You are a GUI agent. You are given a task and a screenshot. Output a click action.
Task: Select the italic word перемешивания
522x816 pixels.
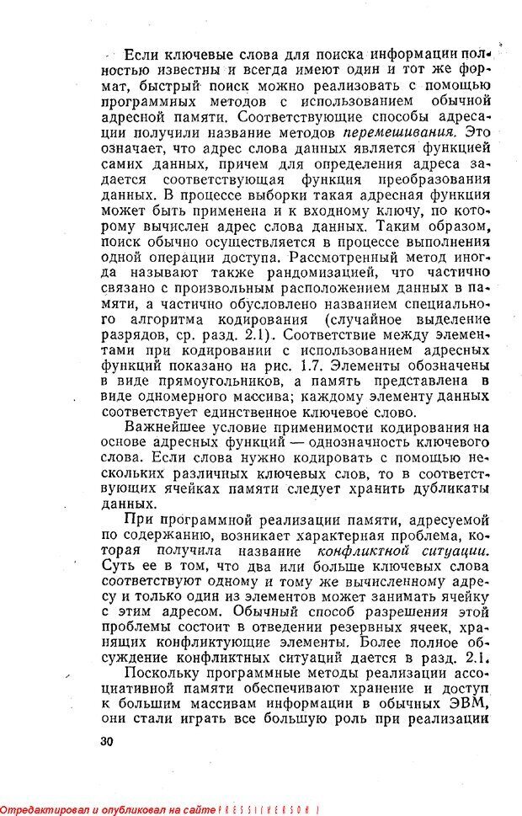[x=400, y=132]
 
